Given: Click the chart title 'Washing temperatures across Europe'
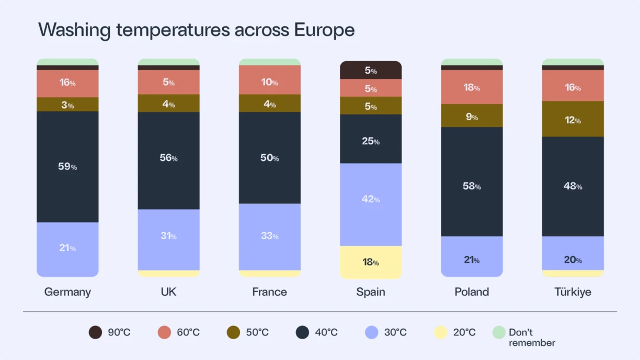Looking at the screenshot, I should [x=196, y=30].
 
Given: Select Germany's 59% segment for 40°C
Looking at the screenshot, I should [x=67, y=167].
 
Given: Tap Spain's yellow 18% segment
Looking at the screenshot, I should [x=371, y=262].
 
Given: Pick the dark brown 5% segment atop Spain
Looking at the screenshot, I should [x=371, y=71].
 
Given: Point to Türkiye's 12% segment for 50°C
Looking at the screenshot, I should [x=573, y=119].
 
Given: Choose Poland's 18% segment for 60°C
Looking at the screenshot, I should [x=472, y=87].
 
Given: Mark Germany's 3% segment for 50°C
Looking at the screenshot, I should [x=67, y=104].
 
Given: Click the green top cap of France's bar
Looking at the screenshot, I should [x=269, y=62].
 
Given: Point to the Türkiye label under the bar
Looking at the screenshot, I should [x=573, y=292].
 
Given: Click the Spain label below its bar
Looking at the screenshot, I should [x=371, y=292].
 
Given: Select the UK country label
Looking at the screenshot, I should [x=168, y=292].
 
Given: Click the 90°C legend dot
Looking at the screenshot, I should [x=95, y=332].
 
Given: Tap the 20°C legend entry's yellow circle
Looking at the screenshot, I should [x=441, y=332].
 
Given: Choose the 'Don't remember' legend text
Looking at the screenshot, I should [x=531, y=338].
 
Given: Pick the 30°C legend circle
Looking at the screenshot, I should [x=371, y=332].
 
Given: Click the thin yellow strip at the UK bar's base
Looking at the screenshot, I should [x=168, y=273].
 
